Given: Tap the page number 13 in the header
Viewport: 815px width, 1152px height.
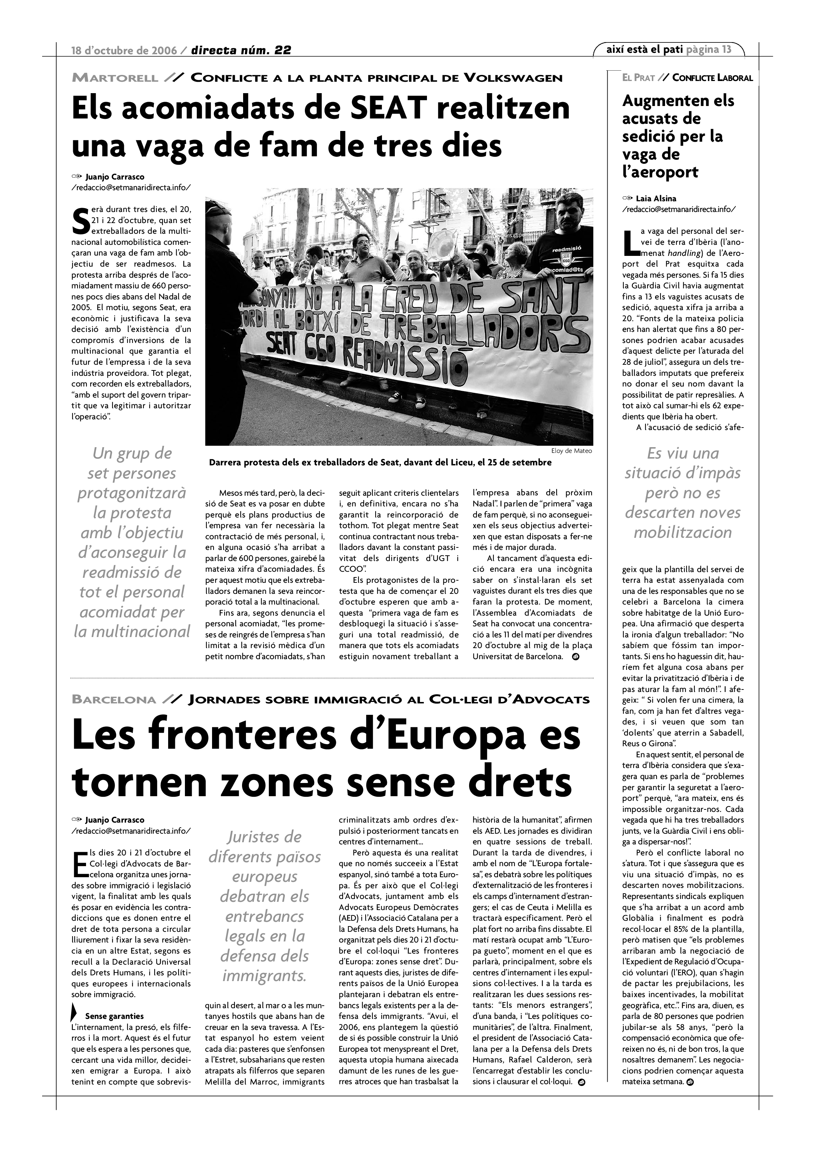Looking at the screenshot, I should tap(726, 49).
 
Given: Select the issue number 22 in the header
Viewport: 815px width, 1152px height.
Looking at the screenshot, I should tap(282, 50).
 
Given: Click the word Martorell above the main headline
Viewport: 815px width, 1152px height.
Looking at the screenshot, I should tap(115, 78).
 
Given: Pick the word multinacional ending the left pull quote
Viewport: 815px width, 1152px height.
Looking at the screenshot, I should tap(132, 631).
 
